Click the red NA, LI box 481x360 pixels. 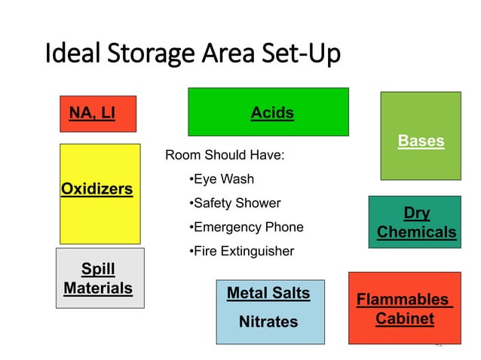coord(98,114)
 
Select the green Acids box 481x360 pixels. coord(268,112)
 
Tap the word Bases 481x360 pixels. coord(421,141)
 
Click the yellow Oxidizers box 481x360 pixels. coord(100,194)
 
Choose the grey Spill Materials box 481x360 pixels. coord(100,278)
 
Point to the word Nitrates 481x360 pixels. coord(268,322)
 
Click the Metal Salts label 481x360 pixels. coord(268,293)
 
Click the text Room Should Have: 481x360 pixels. coord(225,156)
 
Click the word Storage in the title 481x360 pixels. coord(144,54)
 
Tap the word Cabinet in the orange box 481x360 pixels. coord(405,319)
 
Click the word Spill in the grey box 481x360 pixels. coord(98,269)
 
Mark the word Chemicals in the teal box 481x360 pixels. coord(416,232)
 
